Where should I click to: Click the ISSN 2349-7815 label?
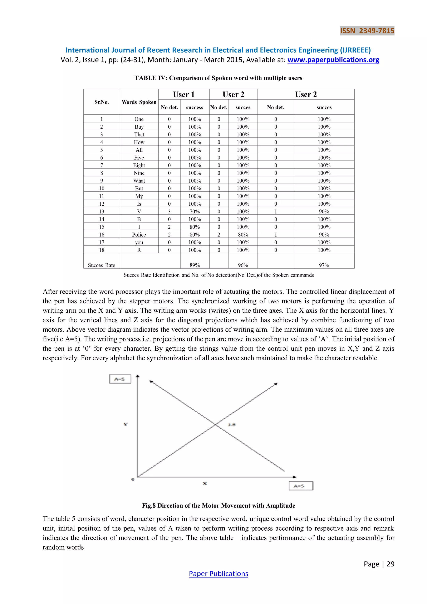(367, 31)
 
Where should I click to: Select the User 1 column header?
(183, 94)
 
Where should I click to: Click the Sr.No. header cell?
(102, 102)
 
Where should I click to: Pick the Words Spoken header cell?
(139, 102)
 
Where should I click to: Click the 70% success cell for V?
(195, 211)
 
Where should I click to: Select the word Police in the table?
(139, 235)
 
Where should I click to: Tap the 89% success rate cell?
(195, 265)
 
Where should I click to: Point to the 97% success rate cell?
(324, 265)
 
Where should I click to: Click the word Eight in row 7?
(139, 165)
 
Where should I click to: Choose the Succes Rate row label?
(102, 265)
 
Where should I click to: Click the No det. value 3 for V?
(169, 211)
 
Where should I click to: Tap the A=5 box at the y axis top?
(120, 379)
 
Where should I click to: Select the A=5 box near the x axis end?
(301, 486)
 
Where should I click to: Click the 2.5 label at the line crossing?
(232, 425)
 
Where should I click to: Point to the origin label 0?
(133, 479)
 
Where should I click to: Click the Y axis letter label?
(126, 424)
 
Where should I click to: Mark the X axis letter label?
(205, 483)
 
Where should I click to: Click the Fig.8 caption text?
(219, 505)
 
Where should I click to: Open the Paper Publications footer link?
(219, 574)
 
